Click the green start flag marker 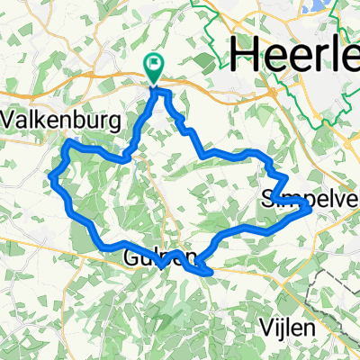(154, 66)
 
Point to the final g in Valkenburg (112, 121)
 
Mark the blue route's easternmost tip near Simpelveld (310, 207)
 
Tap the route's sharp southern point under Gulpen (161, 266)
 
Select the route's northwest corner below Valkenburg (69, 142)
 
